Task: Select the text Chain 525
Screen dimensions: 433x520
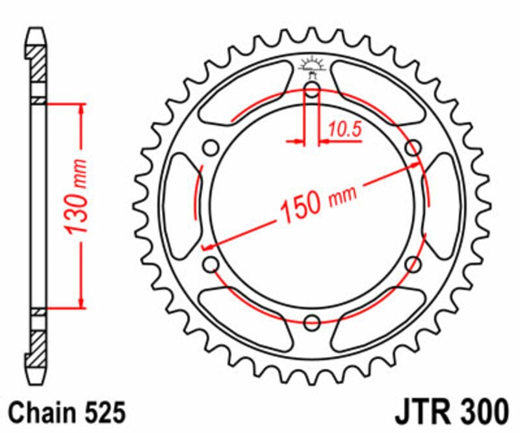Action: click(64, 412)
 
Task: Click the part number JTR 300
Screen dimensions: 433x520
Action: click(450, 412)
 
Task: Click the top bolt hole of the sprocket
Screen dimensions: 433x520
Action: click(312, 91)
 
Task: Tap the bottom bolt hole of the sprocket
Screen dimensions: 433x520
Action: click(312, 321)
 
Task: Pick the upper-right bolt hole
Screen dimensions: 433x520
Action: click(412, 148)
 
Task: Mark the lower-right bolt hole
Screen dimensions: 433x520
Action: click(412, 263)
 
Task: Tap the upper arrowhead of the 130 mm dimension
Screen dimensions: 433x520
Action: click(81, 109)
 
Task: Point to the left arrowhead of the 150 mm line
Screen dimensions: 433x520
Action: click(207, 247)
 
